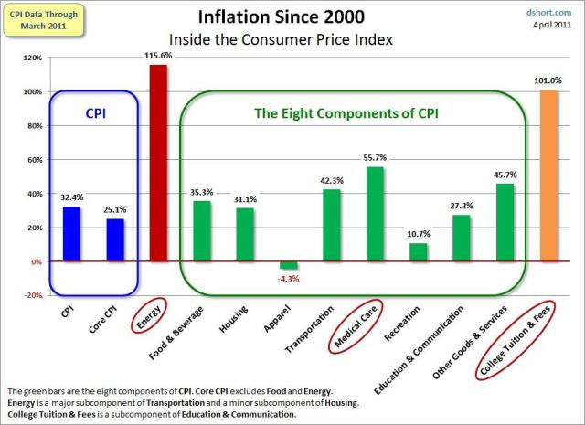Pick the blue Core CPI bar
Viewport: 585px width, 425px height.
(114, 239)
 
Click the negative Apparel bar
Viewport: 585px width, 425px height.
(289, 265)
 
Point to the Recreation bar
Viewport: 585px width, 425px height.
(418, 252)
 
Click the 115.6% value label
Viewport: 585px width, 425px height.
(158, 56)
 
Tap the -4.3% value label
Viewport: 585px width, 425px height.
(289, 278)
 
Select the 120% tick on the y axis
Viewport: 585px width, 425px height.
(32, 58)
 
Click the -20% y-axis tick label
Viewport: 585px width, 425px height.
(32, 296)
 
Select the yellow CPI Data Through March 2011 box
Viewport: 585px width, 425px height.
(42, 21)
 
